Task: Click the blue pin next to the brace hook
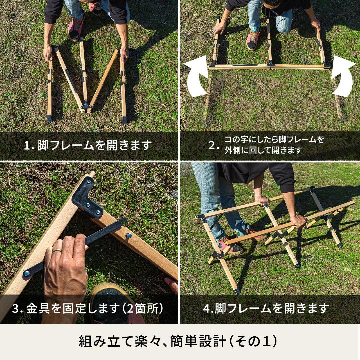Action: tap(128, 236)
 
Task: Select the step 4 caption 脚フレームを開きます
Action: tap(272, 309)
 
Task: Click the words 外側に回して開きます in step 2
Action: tap(263, 150)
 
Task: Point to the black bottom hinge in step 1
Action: tap(86, 106)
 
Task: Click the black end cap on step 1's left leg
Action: tap(49, 118)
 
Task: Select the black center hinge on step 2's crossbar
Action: tap(271, 64)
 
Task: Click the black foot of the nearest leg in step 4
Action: tap(237, 291)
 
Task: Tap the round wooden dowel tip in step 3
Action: tap(92, 174)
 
